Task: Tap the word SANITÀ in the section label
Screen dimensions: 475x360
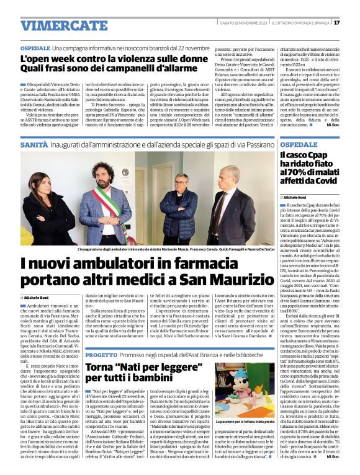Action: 34,143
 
